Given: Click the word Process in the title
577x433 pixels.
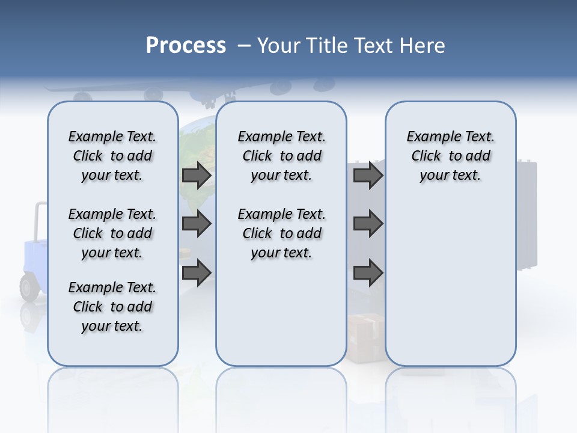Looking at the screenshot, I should (x=186, y=45).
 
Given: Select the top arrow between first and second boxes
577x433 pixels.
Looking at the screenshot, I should (x=197, y=175).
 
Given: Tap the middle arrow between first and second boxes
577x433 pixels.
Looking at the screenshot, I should (x=197, y=224).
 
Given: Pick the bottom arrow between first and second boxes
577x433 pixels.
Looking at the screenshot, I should (x=197, y=272).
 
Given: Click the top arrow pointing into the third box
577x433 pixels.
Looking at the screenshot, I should (x=368, y=175).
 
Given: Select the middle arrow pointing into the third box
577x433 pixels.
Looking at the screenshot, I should (x=368, y=224).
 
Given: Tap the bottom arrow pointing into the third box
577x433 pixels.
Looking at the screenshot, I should (x=368, y=272).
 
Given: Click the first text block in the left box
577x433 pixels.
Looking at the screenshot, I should (x=112, y=156).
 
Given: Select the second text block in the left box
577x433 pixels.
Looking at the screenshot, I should (x=112, y=233).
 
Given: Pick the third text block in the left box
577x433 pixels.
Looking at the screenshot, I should (x=112, y=307).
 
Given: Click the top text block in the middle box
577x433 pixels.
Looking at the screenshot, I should (x=281, y=156).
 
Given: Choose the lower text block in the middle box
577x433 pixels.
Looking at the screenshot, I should (x=281, y=233).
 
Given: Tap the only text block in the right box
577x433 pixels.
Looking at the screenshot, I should (x=450, y=156).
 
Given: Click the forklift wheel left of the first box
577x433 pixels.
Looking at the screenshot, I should (x=29, y=287).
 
